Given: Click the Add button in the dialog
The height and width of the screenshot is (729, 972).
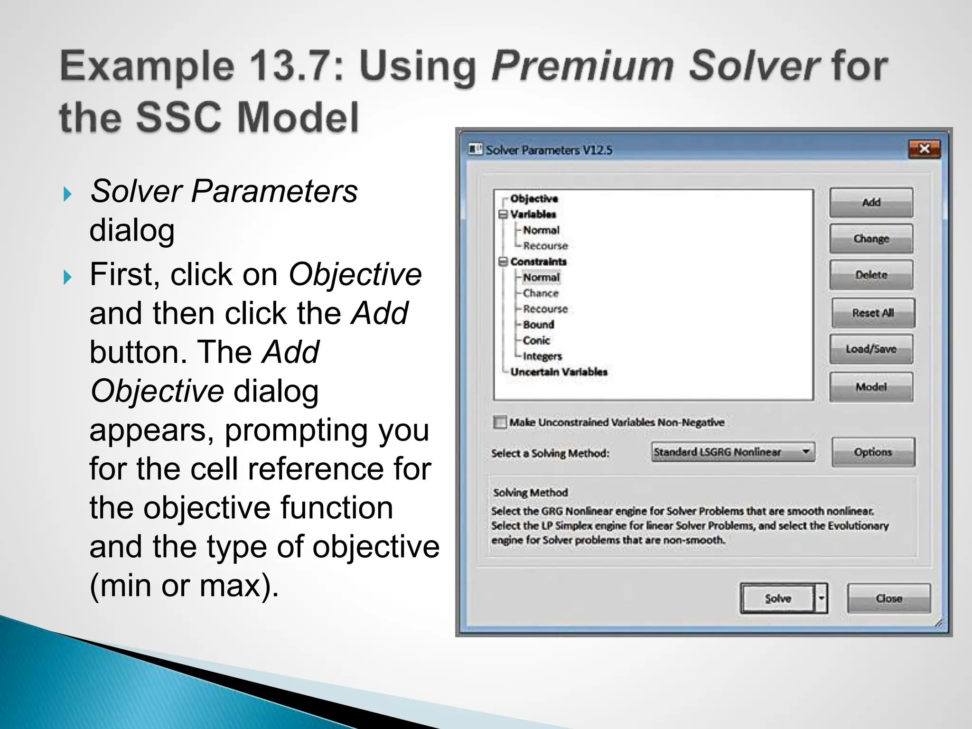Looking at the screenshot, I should (x=871, y=203).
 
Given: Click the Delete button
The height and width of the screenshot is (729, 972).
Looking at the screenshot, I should (x=871, y=275).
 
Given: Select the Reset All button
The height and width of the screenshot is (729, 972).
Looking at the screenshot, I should (x=873, y=313).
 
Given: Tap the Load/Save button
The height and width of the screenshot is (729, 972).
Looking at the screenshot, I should (x=871, y=349).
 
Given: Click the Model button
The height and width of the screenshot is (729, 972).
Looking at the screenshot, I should (x=871, y=387).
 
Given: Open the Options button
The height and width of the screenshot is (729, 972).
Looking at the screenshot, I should (x=873, y=452).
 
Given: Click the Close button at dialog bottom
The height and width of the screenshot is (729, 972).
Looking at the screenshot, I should (x=888, y=598).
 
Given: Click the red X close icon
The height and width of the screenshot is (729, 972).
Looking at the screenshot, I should (x=924, y=149).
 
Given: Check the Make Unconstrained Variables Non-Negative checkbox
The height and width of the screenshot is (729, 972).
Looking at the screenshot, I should (x=500, y=422).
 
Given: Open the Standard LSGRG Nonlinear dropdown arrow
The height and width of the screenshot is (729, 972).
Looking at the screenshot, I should (x=806, y=451).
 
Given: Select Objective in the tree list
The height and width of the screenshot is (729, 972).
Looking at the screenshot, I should (x=534, y=198).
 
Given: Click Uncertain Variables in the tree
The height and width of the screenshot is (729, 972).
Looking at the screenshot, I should (x=559, y=372).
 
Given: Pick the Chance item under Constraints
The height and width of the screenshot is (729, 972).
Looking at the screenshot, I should (x=541, y=293).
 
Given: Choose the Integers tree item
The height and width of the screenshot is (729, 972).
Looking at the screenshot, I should (x=542, y=356).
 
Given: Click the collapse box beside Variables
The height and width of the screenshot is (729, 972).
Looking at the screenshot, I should (x=503, y=215).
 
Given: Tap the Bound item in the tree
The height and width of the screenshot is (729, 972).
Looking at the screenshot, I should (x=539, y=325).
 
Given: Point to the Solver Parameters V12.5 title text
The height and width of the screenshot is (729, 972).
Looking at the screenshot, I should (x=549, y=150).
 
